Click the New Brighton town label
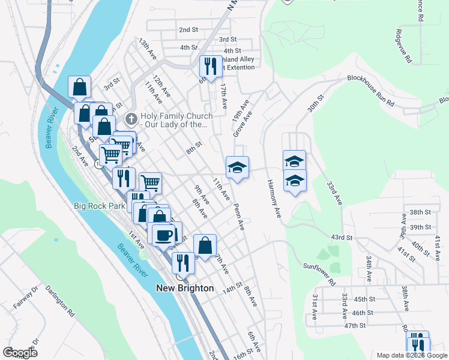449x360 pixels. tap(185, 288)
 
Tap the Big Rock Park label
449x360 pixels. tap(99, 206)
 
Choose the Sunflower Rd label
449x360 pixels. tap(319, 271)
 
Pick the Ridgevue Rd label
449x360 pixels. tap(403, 47)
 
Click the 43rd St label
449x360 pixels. tap(340, 238)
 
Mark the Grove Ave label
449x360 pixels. tap(243, 123)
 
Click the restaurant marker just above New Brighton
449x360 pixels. tap(182, 263)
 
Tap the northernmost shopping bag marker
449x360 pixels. tap(80, 88)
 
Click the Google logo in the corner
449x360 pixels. tap(20, 353)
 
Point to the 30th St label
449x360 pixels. tap(316, 103)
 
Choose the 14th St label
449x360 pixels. tap(232, 290)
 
